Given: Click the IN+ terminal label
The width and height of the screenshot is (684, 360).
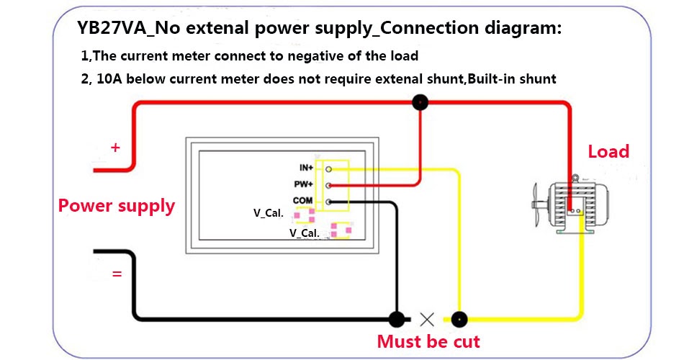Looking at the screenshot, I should (x=305, y=168).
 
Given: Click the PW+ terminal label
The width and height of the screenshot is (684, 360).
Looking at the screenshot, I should (x=304, y=185).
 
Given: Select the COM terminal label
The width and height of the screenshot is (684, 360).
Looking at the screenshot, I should (x=302, y=201).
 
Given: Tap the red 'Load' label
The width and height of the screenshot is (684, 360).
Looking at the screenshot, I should (x=608, y=152).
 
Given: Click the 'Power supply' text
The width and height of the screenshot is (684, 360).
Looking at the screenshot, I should (x=117, y=206).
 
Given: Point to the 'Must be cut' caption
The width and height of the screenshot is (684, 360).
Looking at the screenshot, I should (x=428, y=341).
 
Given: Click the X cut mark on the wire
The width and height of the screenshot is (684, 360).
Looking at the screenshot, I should (x=427, y=318).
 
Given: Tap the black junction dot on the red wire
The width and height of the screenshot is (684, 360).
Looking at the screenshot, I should (x=419, y=103).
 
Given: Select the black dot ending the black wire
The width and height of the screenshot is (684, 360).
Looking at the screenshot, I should (x=395, y=318).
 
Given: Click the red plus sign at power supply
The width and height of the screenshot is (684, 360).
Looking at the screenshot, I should (x=115, y=148).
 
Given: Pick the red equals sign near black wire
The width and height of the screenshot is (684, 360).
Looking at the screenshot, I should (x=117, y=274).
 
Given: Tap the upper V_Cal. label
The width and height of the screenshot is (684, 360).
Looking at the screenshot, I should (x=268, y=214).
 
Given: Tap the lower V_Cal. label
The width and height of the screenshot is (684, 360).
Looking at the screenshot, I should (x=304, y=233).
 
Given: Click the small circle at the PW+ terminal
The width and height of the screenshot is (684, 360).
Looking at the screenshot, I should (x=328, y=186).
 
